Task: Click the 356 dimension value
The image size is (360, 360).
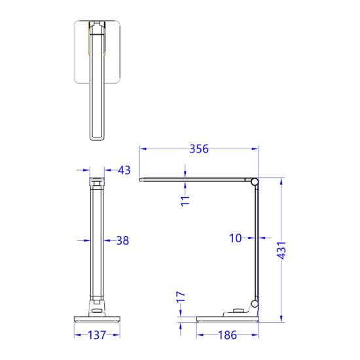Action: point(198,149)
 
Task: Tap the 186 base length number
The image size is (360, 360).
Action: point(228,336)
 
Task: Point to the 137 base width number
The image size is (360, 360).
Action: point(97,336)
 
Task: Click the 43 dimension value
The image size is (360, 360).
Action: point(124,170)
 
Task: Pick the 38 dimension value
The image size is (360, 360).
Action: point(122,241)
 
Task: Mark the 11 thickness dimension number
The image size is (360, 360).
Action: point(185,201)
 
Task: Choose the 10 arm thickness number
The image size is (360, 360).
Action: point(236,238)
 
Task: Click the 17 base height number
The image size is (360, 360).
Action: point(182,298)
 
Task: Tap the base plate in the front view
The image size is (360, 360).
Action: point(97,319)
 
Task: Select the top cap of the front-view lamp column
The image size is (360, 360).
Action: point(96,181)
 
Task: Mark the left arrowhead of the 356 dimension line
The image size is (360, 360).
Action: point(144,149)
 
